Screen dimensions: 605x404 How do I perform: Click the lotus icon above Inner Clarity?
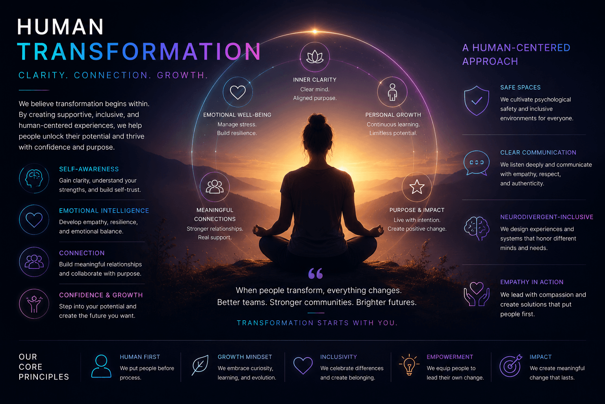click(315, 57)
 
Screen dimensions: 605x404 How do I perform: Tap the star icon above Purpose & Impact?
click(417, 187)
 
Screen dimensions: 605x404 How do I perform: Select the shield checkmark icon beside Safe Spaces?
click(477, 101)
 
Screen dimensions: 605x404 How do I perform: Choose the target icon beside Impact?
click(510, 365)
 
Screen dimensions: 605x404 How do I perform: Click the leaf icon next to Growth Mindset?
click(200, 365)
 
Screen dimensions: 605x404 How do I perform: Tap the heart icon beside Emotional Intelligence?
click(34, 220)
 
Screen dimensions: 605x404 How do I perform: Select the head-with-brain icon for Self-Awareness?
click(34, 178)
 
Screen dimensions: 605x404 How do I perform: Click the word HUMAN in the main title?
click(60, 27)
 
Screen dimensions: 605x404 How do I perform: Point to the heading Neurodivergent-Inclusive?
click(547, 217)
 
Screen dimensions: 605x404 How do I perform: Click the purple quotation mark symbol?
click(315, 273)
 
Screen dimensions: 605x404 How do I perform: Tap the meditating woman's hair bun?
click(317, 120)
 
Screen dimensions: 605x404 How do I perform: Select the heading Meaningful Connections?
click(215, 214)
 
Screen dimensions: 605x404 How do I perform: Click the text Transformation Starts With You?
click(317, 323)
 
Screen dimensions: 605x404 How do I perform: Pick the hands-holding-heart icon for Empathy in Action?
click(477, 294)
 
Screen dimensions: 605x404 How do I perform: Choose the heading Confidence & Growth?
click(101, 295)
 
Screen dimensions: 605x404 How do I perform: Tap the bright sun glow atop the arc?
click(315, 32)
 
